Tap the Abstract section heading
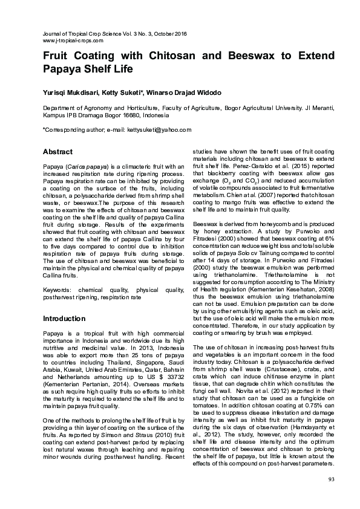point(57,152)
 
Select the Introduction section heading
point(64,319)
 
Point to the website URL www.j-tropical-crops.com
point(73,40)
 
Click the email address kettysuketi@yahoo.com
point(160,129)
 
